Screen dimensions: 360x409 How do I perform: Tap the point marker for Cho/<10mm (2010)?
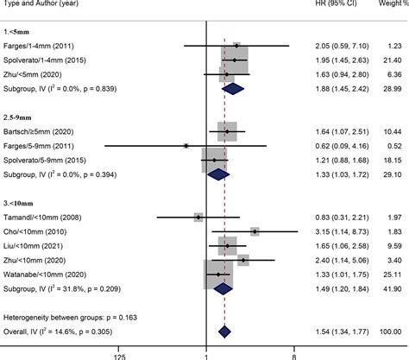point(255,231)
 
